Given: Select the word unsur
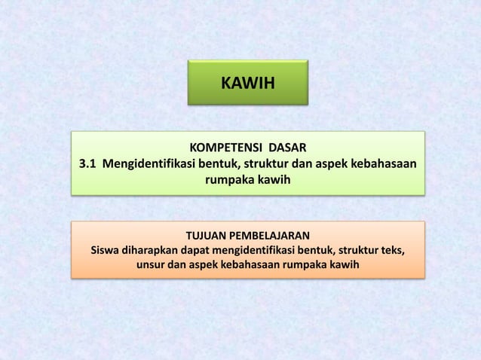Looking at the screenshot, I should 152,267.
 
